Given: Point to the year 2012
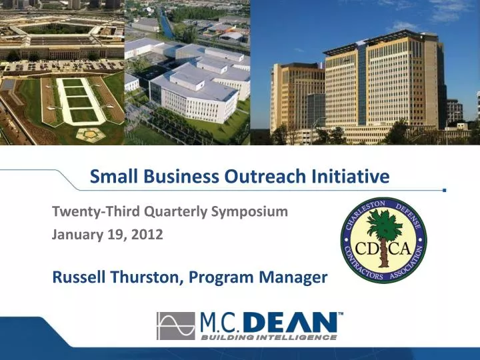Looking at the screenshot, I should click(x=149, y=235).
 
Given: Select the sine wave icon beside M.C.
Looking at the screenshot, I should click(x=176, y=325).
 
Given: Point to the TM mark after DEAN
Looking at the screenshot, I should click(x=341, y=314).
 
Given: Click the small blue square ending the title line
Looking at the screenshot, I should click(x=445, y=190).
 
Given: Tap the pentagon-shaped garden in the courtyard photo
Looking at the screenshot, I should click(x=85, y=135).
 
